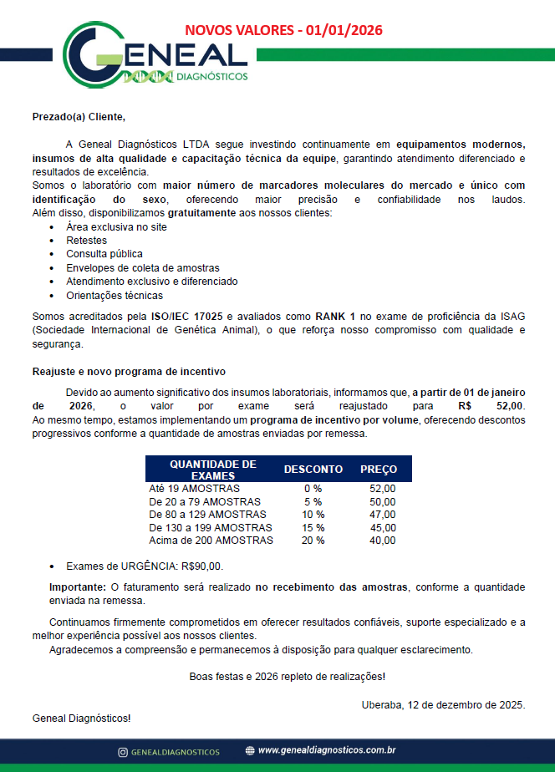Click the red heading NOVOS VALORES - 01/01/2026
(x=283, y=31)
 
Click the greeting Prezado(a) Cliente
(x=79, y=116)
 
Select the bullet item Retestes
(x=87, y=240)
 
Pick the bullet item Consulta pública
(x=104, y=254)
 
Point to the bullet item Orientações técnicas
(x=115, y=296)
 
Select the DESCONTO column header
(x=313, y=470)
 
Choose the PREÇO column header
(x=379, y=470)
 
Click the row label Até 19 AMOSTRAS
(x=194, y=489)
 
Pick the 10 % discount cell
(x=313, y=515)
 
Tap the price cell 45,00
(x=383, y=528)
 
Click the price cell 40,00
(x=383, y=541)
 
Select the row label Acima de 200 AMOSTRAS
(x=211, y=541)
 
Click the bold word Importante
(x=78, y=587)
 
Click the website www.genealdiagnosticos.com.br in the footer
(x=327, y=751)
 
